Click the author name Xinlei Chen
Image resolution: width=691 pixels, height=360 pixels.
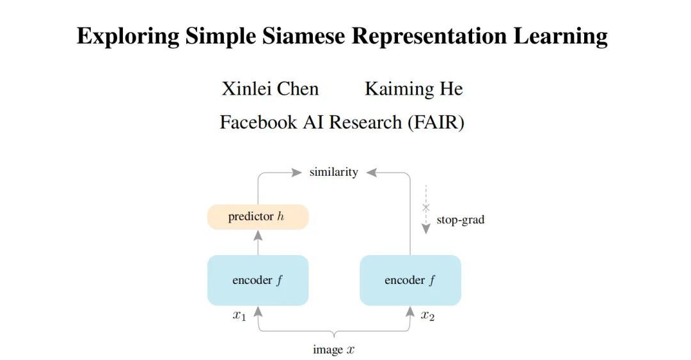click(270, 89)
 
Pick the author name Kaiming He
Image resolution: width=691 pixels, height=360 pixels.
click(413, 89)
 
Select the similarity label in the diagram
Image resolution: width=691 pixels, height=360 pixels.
click(333, 172)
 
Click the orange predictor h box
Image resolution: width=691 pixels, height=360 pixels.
click(258, 217)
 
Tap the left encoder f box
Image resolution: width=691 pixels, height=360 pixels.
click(258, 280)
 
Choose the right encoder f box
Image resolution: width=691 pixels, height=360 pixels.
click(410, 280)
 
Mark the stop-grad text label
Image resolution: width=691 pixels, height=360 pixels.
click(460, 220)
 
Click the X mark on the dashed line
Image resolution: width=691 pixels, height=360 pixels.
click(426, 207)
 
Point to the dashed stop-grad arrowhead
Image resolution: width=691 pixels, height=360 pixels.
click(426, 229)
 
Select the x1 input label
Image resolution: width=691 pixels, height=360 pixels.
click(239, 316)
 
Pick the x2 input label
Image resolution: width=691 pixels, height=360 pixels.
click(427, 316)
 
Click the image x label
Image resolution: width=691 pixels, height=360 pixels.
click(333, 350)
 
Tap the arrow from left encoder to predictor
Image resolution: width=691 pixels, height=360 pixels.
click(258, 242)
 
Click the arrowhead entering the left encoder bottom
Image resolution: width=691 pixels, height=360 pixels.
click(258, 311)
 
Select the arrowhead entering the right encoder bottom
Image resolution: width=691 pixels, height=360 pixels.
click(410, 311)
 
